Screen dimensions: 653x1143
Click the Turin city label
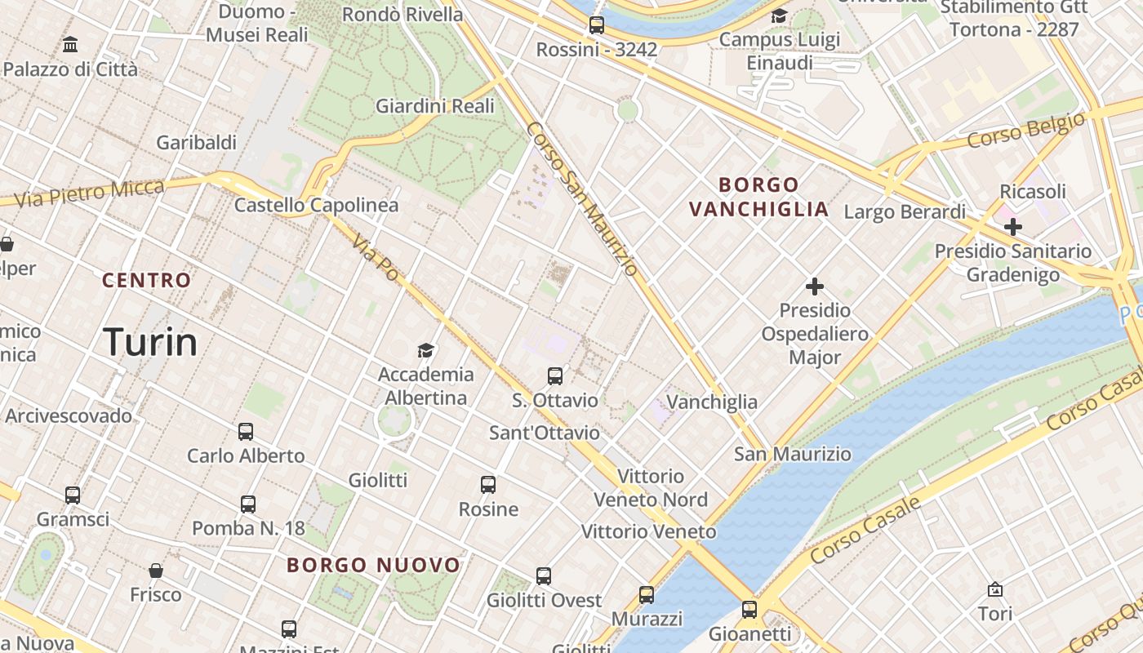point(151,342)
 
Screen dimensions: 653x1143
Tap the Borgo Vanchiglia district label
point(758,197)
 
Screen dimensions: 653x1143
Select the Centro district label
point(147,280)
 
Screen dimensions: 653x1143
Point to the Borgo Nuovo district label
point(374,565)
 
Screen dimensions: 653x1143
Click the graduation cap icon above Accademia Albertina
point(425,351)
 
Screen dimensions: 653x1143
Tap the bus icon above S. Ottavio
point(555,376)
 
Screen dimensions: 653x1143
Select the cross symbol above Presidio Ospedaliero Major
point(814,287)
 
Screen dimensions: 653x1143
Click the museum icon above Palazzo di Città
point(70,44)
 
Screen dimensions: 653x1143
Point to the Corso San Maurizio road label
point(581,198)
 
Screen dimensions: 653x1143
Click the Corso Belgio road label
point(1026,131)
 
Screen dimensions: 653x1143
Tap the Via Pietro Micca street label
point(89,193)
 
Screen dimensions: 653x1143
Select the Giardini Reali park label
point(435,106)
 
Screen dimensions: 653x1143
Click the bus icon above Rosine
point(488,485)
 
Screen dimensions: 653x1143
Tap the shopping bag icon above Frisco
point(156,571)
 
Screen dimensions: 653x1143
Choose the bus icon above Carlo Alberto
point(246,432)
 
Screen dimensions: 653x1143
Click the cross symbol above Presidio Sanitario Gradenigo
point(1013,227)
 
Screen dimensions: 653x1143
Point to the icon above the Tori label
point(995,589)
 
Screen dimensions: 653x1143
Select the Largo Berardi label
point(905,212)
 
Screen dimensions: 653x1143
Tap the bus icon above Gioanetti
point(749,609)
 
